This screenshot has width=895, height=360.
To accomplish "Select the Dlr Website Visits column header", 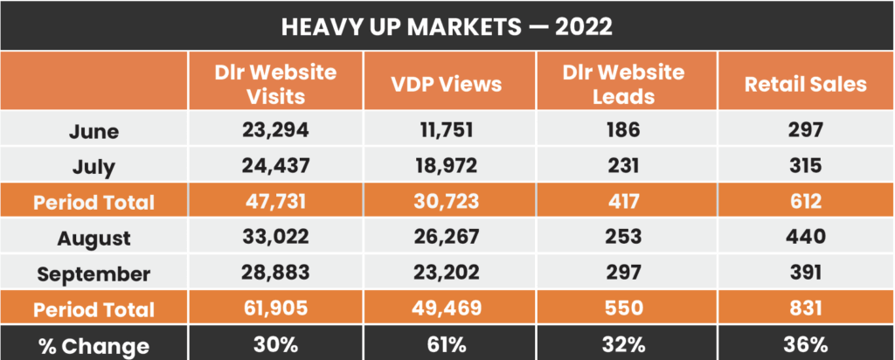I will (276, 82).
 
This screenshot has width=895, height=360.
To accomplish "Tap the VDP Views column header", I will (447, 84).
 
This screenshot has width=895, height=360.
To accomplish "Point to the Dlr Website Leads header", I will (621, 82).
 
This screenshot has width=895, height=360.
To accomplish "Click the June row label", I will (94, 132).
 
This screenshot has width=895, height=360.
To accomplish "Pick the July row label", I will (94, 167).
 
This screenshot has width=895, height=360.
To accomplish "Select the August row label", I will (94, 238).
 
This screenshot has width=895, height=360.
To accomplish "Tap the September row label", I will (94, 273).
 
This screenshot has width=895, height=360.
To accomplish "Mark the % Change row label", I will (94, 344).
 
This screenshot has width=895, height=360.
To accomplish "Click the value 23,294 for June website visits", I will (276, 131).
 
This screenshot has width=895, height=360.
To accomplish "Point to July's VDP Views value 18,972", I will (447, 167).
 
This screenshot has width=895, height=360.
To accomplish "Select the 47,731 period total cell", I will (276, 202).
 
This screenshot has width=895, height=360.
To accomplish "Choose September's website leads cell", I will (621, 273).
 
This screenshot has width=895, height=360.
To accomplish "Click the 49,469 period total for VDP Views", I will (447, 308).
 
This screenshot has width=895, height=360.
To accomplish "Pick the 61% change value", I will (447, 344).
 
